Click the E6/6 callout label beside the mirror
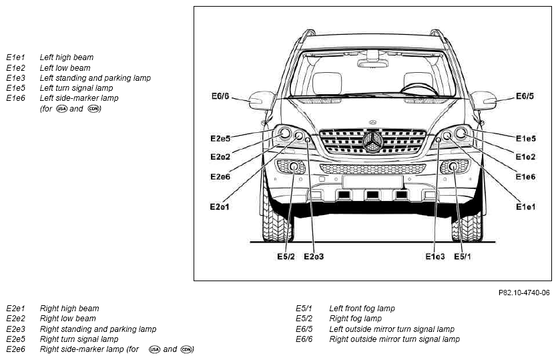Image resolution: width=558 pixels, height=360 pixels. click(x=220, y=96)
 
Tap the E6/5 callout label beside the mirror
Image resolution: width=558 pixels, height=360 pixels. click(x=525, y=96)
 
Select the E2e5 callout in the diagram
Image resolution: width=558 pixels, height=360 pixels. click(x=220, y=138)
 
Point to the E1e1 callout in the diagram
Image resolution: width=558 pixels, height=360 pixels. click(x=525, y=206)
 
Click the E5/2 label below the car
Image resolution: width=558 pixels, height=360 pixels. click(x=286, y=256)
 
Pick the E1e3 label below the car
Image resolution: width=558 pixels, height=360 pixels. click(x=435, y=256)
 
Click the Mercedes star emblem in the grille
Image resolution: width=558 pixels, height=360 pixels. click(x=372, y=142)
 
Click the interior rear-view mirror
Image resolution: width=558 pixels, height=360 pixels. click(x=372, y=63)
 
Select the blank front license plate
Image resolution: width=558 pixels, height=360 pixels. click(x=372, y=182)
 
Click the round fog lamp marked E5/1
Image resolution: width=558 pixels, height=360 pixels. click(x=453, y=166)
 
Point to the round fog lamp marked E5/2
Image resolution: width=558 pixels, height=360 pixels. click(x=294, y=166)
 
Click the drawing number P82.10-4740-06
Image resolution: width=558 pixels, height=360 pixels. click(x=524, y=293)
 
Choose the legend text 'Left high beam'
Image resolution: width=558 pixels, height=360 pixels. click(x=67, y=57)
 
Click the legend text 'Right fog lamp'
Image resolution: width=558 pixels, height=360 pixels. click(x=356, y=319)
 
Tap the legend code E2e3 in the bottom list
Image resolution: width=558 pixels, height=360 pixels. click(x=15, y=329)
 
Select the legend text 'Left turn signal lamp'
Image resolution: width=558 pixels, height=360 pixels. click(x=76, y=88)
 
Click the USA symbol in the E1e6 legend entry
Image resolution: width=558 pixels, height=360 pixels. click(x=61, y=109)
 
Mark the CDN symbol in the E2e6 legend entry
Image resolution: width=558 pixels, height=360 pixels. click(x=186, y=349)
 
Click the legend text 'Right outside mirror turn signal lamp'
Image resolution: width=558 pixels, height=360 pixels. click(x=394, y=339)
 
